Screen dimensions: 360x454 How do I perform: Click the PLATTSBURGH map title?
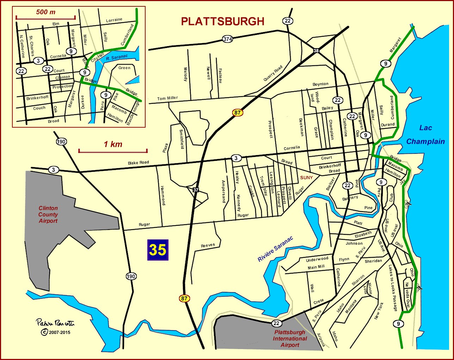coord(222,22)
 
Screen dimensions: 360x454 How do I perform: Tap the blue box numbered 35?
coord(158,250)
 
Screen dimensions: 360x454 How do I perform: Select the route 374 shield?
coord(227,39)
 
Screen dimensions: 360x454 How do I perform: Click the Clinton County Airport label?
coord(48,214)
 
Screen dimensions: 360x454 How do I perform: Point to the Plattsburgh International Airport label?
coord(290,338)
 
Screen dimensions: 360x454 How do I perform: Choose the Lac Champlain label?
coord(425,135)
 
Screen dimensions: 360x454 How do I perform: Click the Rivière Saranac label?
coord(275,249)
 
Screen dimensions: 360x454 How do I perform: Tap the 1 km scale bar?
coord(113,151)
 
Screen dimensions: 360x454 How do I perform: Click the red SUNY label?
coord(306,178)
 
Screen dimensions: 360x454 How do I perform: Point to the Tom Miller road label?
coord(167,98)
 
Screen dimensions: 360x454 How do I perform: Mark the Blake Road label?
coord(139,163)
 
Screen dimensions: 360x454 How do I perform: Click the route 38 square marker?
coord(316,51)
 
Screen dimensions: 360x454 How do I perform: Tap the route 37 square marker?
coord(196,190)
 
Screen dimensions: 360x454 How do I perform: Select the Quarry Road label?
coord(273,73)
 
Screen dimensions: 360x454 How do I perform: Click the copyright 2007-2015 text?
coord(56,332)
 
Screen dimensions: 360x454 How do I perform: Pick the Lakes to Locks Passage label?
coord(393,288)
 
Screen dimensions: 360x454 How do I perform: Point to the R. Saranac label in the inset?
coord(117,57)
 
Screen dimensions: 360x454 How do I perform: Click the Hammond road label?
coord(163,195)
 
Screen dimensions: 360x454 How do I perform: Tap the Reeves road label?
coord(208,245)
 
